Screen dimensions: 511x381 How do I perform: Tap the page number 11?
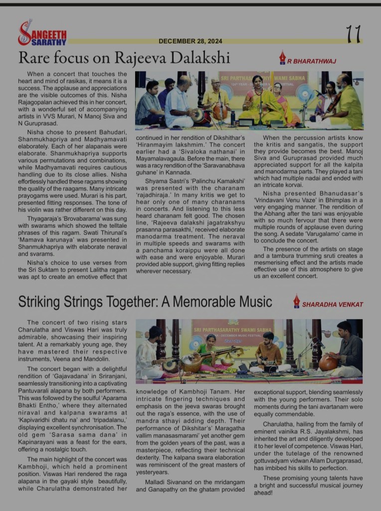(353, 34)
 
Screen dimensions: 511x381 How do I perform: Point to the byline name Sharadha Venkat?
(332, 304)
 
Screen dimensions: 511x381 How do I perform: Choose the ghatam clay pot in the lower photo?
(328, 363)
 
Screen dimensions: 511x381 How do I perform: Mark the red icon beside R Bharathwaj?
(282, 57)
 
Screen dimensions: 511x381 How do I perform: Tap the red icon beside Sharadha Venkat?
(296, 301)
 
